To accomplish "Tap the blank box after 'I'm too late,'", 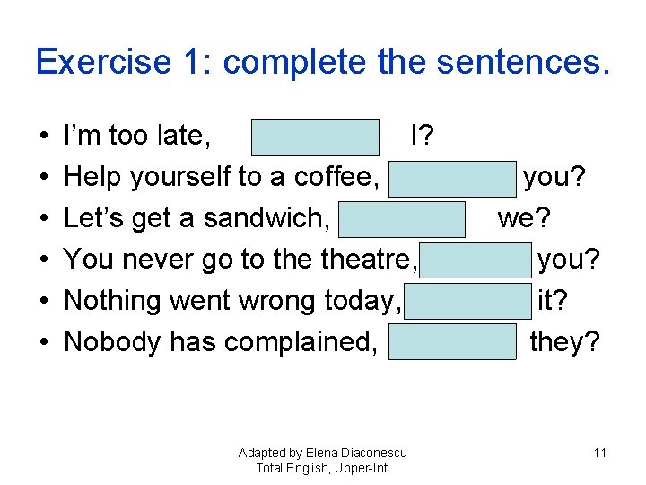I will (x=315, y=137).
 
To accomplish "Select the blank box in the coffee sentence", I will (x=452, y=178).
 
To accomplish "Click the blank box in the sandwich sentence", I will (x=402, y=219).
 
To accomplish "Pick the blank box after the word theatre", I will (x=475, y=260).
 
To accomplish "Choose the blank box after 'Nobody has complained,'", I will (x=452, y=342).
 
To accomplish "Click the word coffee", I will (x=335, y=178).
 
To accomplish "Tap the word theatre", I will (x=366, y=260).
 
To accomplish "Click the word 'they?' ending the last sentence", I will (x=564, y=342).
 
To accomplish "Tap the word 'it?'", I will (x=552, y=301).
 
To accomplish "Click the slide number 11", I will (x=600, y=453).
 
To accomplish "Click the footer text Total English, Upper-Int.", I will (x=323, y=468).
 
